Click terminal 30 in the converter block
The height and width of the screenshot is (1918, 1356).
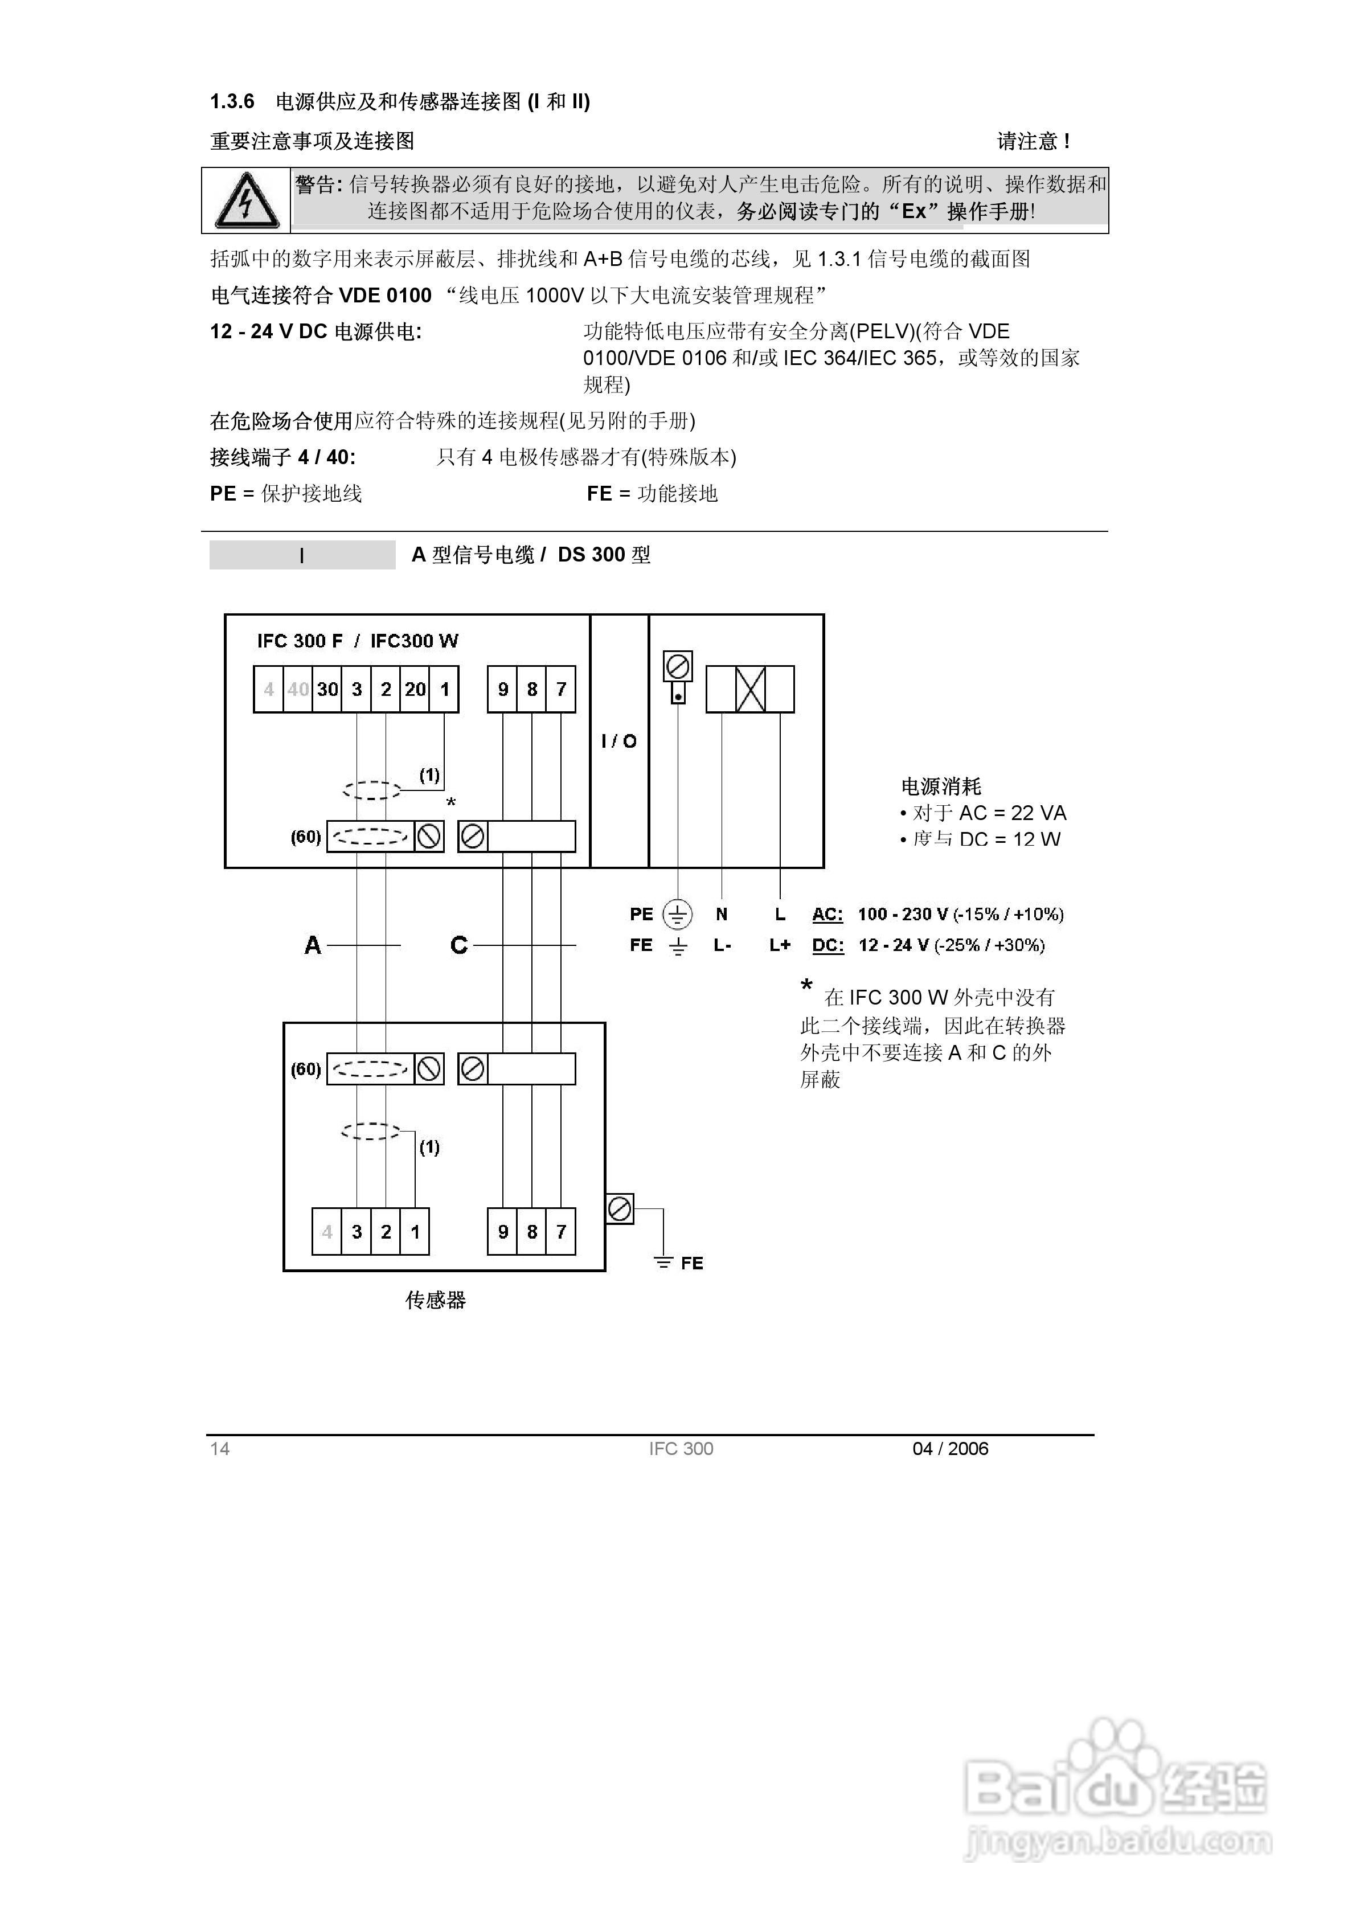point(327,689)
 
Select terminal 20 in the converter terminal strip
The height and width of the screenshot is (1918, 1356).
point(415,689)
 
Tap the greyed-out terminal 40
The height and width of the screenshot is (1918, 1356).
point(298,689)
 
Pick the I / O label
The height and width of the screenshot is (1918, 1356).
point(619,741)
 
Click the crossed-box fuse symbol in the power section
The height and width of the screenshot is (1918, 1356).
point(750,689)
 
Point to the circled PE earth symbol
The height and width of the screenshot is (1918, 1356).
point(678,915)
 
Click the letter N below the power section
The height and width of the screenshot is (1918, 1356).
point(722,915)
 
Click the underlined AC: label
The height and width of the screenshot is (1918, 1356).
point(827,915)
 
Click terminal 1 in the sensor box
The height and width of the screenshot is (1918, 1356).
point(415,1231)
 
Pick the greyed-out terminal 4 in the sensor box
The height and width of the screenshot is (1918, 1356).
point(327,1231)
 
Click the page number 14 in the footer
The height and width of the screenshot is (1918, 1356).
point(220,1449)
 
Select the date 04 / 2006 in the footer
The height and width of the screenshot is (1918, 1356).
point(950,1449)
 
